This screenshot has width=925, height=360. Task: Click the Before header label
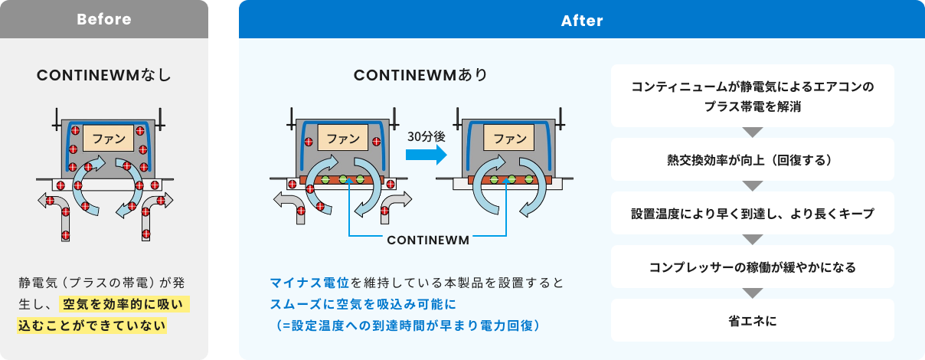point(104,19)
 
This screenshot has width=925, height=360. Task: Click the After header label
point(582,21)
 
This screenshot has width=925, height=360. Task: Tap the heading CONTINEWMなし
point(103,75)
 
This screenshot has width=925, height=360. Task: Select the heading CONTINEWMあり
point(421,75)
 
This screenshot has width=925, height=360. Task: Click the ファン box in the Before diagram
point(108,138)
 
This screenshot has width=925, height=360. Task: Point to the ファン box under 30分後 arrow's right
point(508,138)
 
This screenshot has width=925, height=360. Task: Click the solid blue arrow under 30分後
point(427,155)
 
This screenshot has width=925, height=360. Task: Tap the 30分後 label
point(427,136)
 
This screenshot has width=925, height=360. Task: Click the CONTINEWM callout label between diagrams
point(428,241)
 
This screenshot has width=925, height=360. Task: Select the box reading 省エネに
point(753,320)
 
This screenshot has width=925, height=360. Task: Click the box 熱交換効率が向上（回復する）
point(753,159)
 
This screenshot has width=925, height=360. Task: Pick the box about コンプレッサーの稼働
point(753,267)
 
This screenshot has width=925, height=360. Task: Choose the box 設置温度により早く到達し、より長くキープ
point(753,213)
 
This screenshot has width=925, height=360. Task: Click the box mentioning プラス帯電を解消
point(753,96)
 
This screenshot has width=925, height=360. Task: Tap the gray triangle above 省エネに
point(753,293)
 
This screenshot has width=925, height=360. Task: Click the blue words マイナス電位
point(309,283)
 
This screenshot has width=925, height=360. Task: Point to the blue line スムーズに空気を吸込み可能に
point(363,304)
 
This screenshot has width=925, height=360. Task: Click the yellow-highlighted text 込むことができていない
point(92,326)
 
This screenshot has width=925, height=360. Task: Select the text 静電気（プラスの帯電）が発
point(102,283)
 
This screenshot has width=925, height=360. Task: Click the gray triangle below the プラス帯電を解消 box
point(753,132)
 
